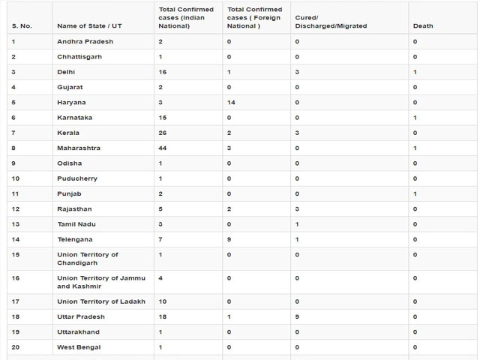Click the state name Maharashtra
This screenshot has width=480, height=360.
pos(79,148)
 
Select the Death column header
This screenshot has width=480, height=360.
pos(423,25)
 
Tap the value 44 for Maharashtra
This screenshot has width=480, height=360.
pos(163,148)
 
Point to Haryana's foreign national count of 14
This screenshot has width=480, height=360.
pos(231,102)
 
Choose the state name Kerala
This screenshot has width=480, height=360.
pos(68,133)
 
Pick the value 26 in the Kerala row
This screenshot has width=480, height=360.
pos(163,133)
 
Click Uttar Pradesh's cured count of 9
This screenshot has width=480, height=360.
pos(298,316)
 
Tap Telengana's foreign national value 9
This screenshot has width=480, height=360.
pos(229,239)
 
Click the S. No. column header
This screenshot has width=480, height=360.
pos(22,25)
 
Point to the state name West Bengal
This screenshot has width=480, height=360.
pos(79,347)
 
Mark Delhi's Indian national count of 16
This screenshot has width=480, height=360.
pos(163,71)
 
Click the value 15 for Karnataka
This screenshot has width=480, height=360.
pos(163,117)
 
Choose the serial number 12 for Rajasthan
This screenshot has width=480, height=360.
pos(16,208)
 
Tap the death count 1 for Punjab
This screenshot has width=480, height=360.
pos(415,193)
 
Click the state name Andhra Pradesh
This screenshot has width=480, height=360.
pos(85,40)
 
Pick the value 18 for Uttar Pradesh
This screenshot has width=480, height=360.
pos(163,316)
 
